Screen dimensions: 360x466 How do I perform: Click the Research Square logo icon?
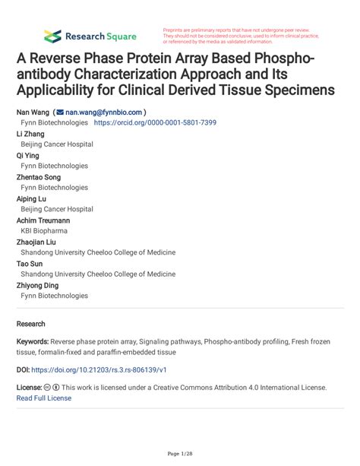(x=52, y=35)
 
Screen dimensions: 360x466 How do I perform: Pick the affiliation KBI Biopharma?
(x=44, y=230)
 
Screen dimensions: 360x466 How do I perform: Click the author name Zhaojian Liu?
(x=36, y=242)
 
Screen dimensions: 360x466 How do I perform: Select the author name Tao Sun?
(x=30, y=263)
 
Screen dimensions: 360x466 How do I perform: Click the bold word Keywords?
(x=33, y=342)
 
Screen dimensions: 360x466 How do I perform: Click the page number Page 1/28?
(x=180, y=453)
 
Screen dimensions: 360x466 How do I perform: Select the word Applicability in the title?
(x=65, y=90)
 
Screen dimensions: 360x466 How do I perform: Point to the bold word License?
(x=28, y=387)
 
